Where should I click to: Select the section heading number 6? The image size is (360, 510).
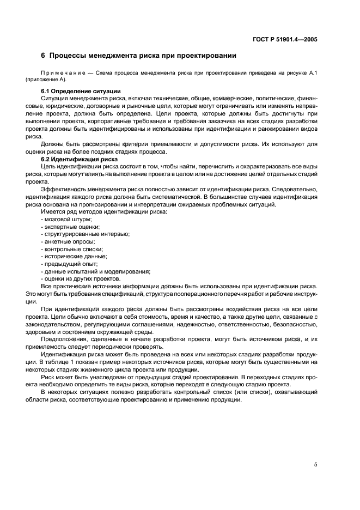click(x=43, y=56)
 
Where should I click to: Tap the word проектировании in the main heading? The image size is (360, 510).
click(x=203, y=56)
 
